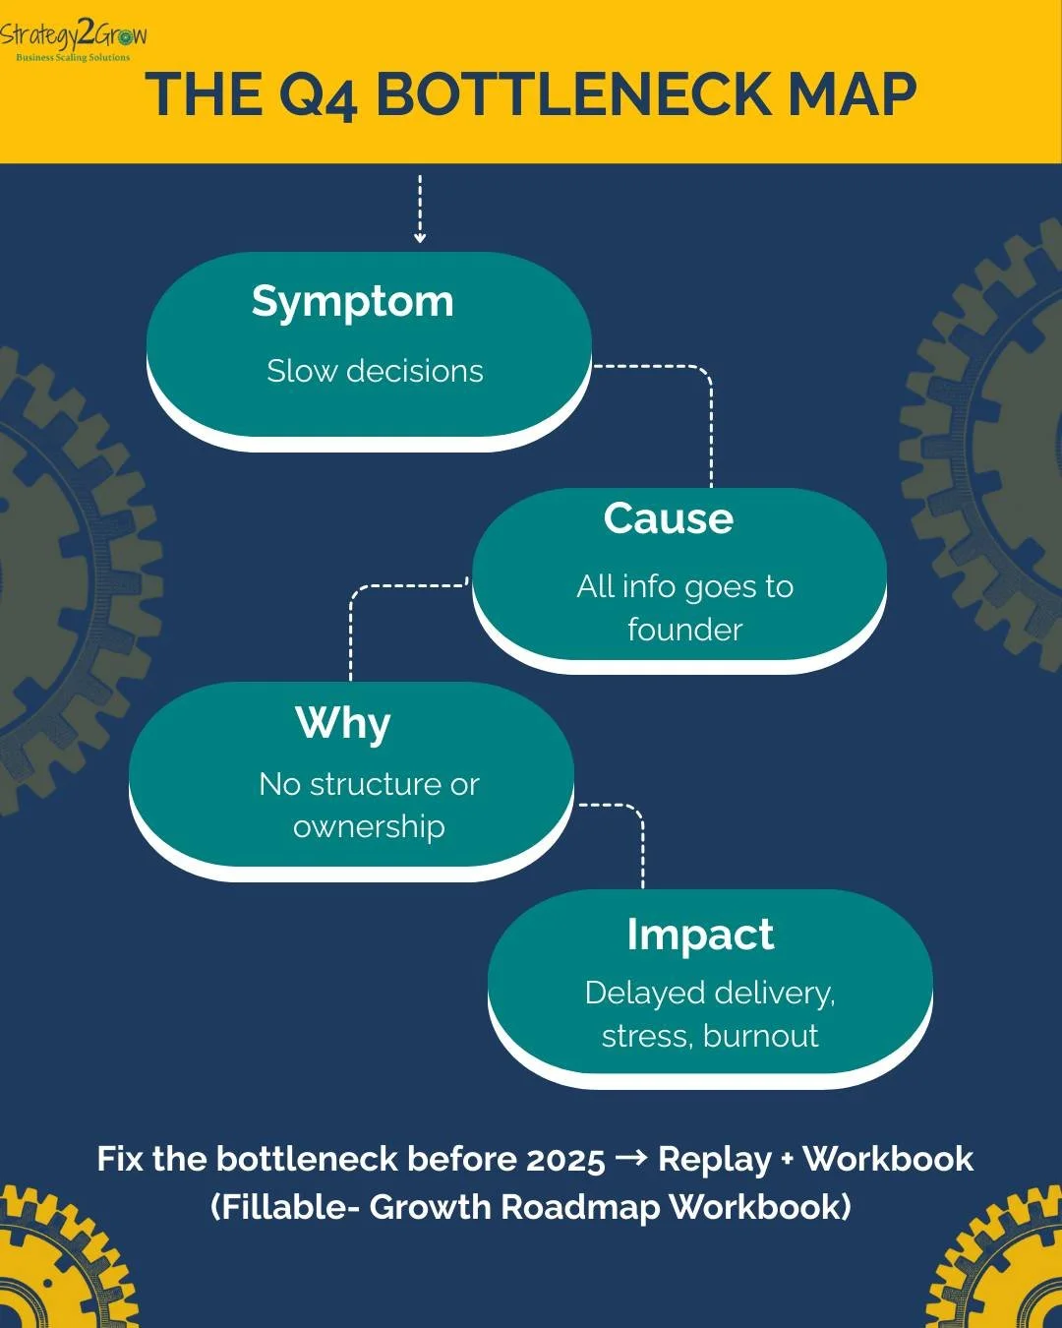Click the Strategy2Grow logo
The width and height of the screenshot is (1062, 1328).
click(x=74, y=40)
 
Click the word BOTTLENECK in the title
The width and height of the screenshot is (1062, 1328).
click(x=575, y=95)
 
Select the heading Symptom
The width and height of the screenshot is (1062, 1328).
click(x=352, y=302)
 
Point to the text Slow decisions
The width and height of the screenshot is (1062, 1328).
click(x=375, y=371)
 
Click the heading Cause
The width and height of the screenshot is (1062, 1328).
click(x=668, y=518)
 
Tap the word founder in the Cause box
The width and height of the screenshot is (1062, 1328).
click(x=684, y=630)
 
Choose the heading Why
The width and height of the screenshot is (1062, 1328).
click(x=342, y=723)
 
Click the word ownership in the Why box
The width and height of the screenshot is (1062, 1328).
click(x=369, y=827)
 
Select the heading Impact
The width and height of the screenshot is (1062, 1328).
click(x=700, y=935)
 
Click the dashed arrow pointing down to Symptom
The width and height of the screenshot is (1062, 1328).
click(x=420, y=210)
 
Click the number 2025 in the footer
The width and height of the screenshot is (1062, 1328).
click(x=564, y=1160)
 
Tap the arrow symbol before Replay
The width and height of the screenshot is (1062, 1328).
click(x=630, y=1159)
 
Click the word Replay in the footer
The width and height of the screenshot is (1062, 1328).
click(x=714, y=1160)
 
